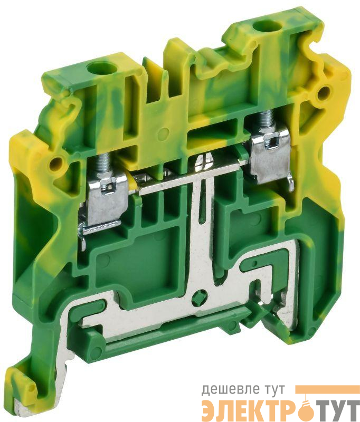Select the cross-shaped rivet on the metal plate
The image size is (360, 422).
[x=198, y=299]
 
